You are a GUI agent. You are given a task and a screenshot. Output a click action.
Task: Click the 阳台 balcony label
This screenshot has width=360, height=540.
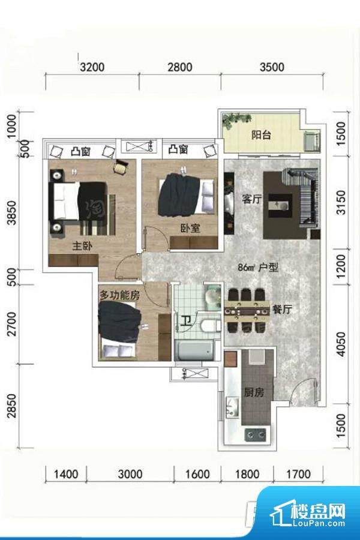point(261,134)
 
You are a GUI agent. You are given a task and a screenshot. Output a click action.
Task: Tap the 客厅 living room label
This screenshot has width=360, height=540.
point(252,199)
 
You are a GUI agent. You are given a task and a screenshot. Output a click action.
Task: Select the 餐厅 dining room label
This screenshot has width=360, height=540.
point(282,309)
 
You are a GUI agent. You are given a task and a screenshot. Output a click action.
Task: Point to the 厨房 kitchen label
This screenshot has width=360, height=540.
point(254,392)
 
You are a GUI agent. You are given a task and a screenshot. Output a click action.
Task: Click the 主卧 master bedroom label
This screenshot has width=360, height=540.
point(82,246)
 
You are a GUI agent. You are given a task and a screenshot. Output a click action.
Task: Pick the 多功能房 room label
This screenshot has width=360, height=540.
point(119,295)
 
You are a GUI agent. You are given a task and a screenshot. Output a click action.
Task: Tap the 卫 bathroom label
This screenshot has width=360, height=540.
point(187,322)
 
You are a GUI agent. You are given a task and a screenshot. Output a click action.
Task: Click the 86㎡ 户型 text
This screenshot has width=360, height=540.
point(258,267)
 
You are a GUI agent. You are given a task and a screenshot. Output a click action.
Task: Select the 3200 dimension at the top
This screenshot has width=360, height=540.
point(92,67)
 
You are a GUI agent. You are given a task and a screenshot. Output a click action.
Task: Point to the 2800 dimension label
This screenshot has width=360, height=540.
point(180,67)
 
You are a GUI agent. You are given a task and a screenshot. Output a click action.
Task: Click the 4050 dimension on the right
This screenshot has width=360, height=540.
point(340,344)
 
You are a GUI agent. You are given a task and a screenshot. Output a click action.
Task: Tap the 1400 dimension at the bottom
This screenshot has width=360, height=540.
point(66,474)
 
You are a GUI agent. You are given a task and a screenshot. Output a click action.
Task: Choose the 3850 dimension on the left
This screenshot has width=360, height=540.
point(12,213)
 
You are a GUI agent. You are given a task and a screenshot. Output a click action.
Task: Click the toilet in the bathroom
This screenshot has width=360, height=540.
point(210,325)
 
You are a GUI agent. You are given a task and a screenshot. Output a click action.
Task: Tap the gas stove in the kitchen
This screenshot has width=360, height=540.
point(255,434)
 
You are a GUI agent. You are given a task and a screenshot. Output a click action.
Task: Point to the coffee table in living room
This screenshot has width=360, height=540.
point(280,206)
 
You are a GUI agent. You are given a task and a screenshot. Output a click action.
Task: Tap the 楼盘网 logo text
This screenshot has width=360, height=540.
point(317,511)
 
